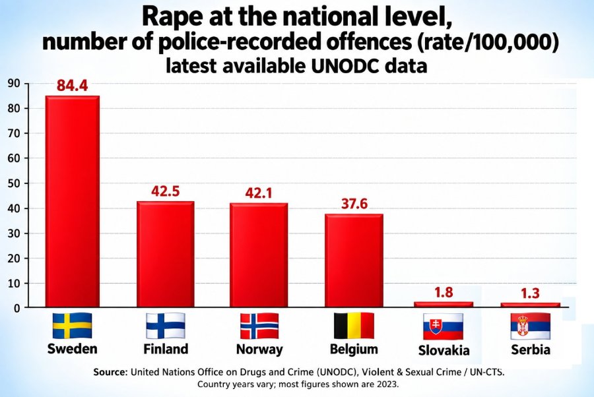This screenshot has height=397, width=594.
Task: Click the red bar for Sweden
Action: coord(73,201)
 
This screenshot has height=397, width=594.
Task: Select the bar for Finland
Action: coord(166,254)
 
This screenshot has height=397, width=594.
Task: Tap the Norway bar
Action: coord(259,255)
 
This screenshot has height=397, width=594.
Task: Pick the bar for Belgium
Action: coord(354,260)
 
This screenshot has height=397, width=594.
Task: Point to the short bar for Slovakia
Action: coord(444,304)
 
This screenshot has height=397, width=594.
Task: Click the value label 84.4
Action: coord(73,86)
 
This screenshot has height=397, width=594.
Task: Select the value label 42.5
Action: coord(166,191)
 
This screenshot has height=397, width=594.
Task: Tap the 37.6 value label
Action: coord(354,204)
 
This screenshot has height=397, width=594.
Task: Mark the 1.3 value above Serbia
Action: coord(530,293)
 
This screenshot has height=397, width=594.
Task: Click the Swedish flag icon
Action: coord(72,326)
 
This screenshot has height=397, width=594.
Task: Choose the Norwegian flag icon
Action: coord(259,326)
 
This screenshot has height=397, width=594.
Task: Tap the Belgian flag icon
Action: coord(354,326)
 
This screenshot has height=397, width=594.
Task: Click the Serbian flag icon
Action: coord(531,326)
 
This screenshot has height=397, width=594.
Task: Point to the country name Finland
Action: coord(166,349)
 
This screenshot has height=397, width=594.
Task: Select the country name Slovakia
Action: coord(444,350)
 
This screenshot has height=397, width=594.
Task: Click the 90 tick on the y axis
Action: coord(13,83)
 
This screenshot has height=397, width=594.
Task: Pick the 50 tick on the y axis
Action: coord(13,183)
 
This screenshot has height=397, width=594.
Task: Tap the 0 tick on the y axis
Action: coord(16,309)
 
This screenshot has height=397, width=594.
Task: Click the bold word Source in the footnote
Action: coord(110,372)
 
